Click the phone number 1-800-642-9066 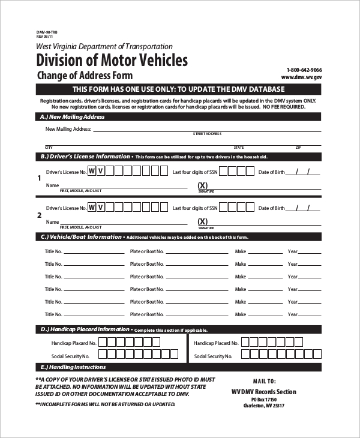(304, 70)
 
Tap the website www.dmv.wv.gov (302, 77)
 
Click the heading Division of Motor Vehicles (112, 60)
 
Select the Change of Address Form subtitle (85, 76)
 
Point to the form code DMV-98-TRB (47, 31)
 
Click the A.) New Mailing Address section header (72, 117)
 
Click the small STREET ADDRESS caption (207, 134)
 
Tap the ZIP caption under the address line (298, 147)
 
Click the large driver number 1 (40, 178)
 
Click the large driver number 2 (40, 215)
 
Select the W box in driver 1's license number (92, 171)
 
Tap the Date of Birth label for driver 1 (271, 172)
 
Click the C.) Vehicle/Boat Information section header (81, 237)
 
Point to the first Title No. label (53, 251)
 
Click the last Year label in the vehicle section (293, 314)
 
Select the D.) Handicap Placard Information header (85, 329)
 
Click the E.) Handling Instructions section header (73, 367)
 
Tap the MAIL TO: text (264, 381)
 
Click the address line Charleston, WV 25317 (263, 406)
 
